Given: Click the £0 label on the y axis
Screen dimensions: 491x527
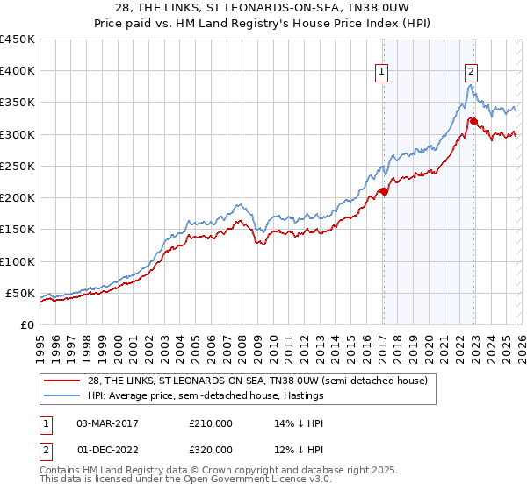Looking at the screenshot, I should point(26,324).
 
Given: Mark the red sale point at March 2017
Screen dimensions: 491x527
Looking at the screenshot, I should point(383,191).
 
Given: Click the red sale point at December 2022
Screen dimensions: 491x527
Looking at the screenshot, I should point(473,121).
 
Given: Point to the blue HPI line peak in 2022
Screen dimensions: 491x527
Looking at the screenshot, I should point(470,85).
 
